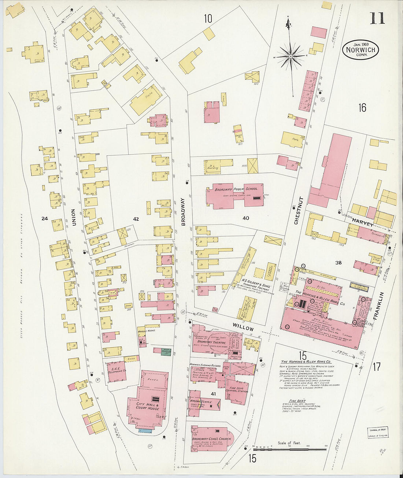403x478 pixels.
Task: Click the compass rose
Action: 291,56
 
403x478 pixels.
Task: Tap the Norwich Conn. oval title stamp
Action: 361,50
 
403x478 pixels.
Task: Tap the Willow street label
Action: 243,327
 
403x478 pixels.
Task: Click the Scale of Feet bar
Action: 289,449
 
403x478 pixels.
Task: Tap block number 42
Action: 136,219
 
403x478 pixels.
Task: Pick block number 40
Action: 245,218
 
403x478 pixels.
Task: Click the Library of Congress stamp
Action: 377,433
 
